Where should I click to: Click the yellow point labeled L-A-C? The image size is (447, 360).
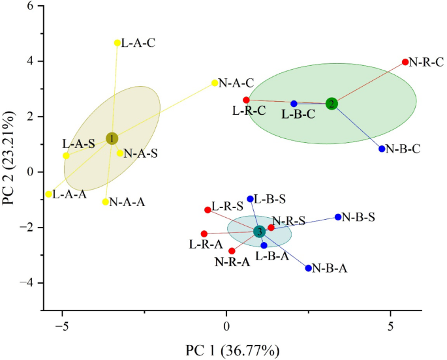click(117, 43)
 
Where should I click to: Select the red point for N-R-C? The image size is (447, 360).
click(405, 62)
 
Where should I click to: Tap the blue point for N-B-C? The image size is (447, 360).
click(382, 149)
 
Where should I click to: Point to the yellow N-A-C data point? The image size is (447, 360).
click(215, 83)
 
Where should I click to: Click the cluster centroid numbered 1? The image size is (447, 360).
click(112, 138)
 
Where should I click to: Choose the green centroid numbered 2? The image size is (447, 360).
click(331, 104)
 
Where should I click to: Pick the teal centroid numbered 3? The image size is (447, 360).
click(259, 232)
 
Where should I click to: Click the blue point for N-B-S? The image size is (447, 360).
click(338, 217)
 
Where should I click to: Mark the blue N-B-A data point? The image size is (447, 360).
click(309, 268)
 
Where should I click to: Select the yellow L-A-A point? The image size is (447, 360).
click(49, 194)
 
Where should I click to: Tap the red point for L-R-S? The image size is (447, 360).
click(208, 210)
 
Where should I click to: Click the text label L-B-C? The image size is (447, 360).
click(300, 115)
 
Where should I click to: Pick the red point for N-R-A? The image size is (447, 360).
click(232, 251)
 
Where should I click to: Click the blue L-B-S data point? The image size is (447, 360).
click(250, 199)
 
